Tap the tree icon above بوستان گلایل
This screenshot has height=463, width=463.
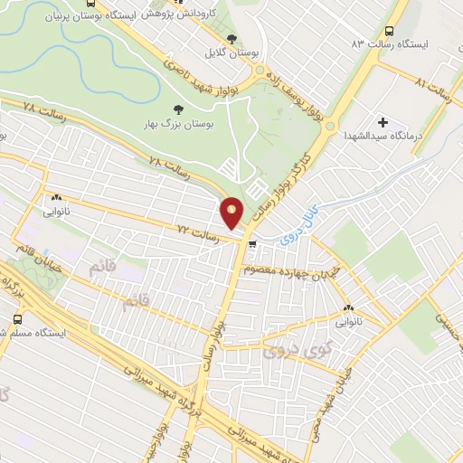tap(233, 38)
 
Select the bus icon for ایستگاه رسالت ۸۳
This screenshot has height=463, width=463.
tap(390, 30)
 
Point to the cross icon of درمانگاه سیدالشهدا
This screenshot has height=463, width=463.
tap(383, 121)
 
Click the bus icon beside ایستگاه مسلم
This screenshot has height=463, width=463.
tap(19, 319)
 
